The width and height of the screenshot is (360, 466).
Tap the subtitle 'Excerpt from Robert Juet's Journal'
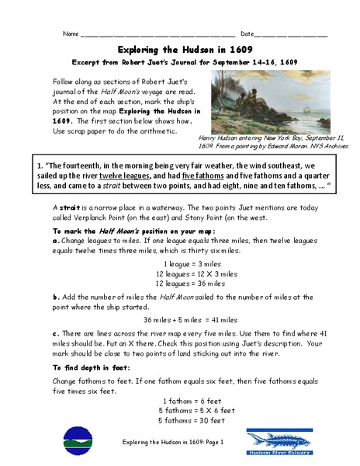179,61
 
